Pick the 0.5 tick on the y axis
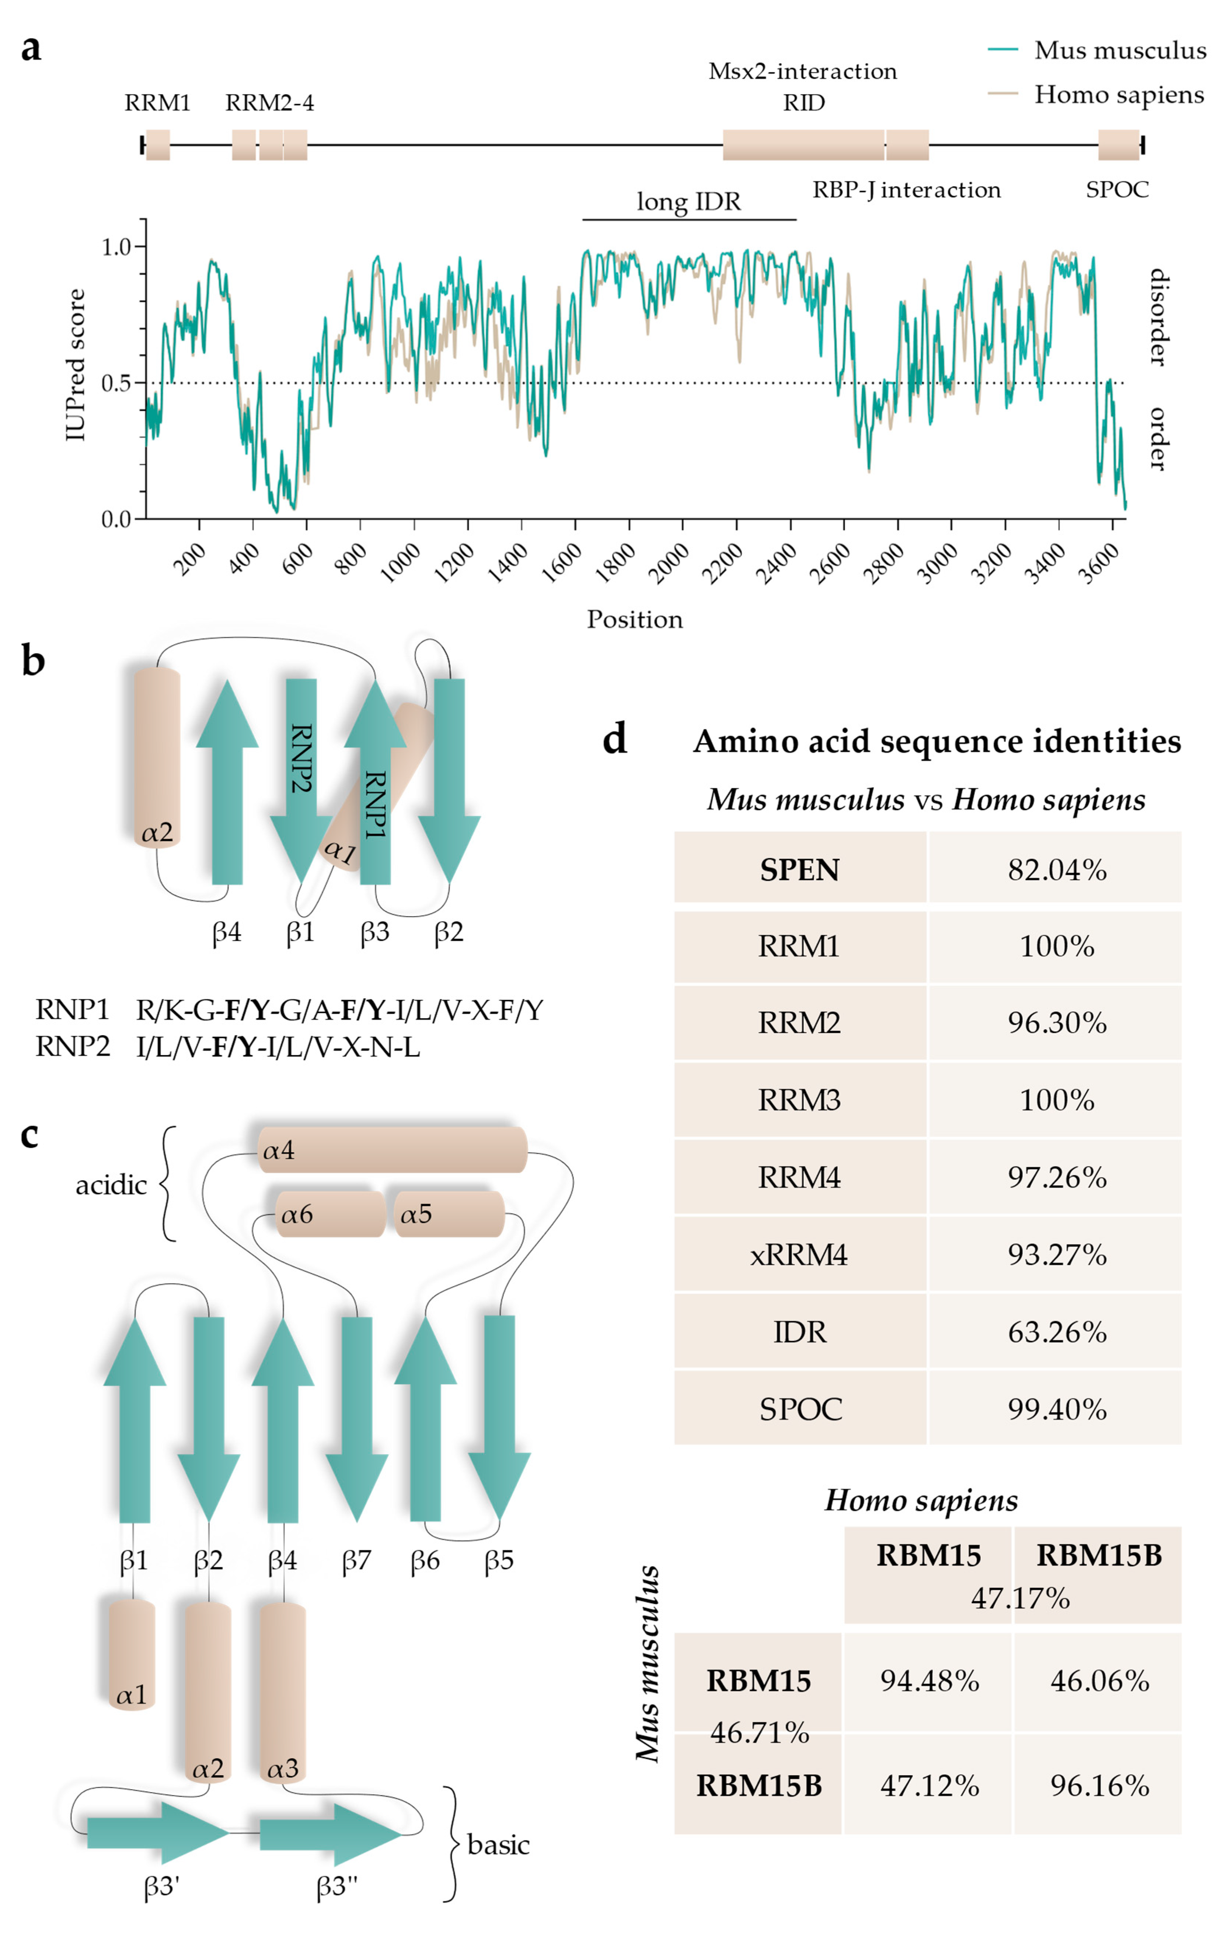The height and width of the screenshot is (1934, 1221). (117, 383)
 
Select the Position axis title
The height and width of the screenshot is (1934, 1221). (635, 619)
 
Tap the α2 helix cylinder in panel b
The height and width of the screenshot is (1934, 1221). (157, 755)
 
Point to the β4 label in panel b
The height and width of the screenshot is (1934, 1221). (227, 932)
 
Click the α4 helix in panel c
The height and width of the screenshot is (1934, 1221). (392, 1150)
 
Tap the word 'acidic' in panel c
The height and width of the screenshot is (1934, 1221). (111, 1185)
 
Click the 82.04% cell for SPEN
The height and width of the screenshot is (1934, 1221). (1056, 870)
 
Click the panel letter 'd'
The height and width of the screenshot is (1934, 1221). (614, 739)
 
